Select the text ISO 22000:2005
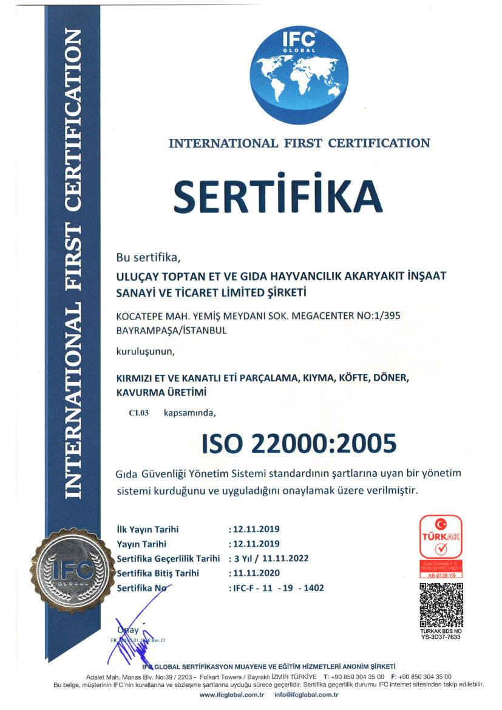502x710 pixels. pos(299,443)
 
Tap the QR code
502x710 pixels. pos(441,604)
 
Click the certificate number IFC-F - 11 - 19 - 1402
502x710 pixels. pos(277,588)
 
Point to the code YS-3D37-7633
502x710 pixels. pos(441,637)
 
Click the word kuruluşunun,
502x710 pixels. pos(145,352)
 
